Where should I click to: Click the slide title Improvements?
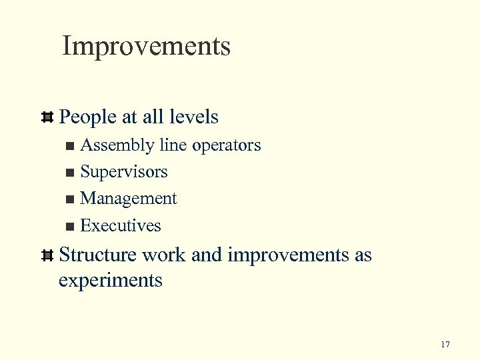(146, 47)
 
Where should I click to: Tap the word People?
(87, 117)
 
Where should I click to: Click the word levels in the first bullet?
(193, 117)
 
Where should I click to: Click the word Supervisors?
(124, 172)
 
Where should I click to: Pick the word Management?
(129, 199)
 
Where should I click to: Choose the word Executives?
(121, 225)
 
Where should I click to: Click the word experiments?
(111, 280)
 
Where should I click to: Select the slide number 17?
(445, 345)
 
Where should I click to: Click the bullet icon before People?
(47, 118)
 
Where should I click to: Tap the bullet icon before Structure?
(47, 255)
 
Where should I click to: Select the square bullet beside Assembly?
(71, 146)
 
